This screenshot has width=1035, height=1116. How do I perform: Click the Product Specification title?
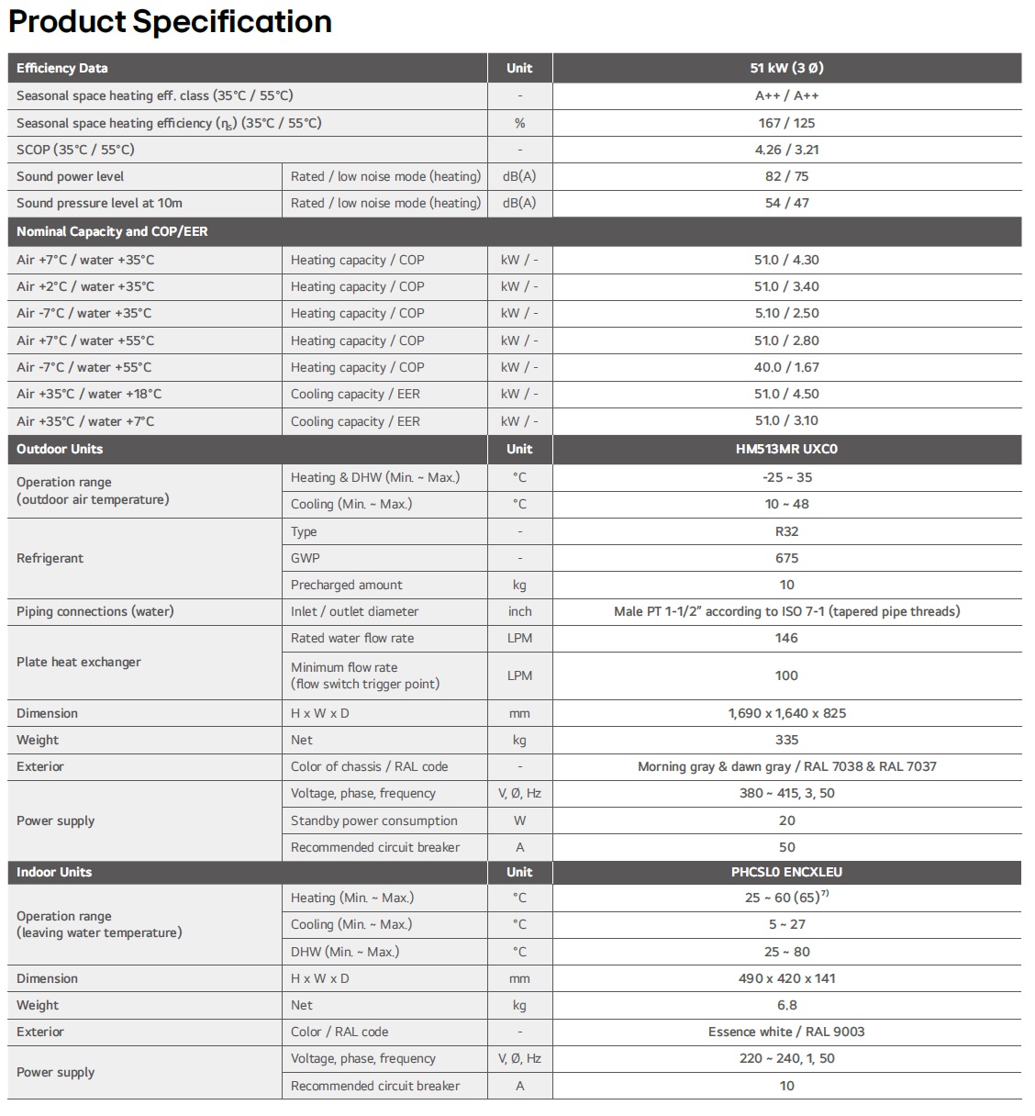click(171, 21)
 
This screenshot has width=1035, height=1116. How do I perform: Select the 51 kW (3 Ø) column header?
click(786, 68)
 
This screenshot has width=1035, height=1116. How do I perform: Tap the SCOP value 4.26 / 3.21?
click(786, 150)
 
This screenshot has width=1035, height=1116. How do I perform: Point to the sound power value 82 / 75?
click(786, 176)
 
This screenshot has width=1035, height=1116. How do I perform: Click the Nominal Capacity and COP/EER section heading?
click(112, 231)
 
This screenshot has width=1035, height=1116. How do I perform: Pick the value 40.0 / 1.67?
click(786, 367)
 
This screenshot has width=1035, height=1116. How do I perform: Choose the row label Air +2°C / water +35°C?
click(85, 286)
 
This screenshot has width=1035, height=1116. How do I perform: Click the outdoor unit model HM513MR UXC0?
click(786, 449)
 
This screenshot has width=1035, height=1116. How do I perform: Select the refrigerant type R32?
click(786, 531)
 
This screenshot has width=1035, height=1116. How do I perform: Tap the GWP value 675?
click(786, 558)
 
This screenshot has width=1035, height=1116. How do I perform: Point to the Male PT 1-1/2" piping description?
click(786, 611)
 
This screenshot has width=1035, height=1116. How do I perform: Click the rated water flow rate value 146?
click(786, 638)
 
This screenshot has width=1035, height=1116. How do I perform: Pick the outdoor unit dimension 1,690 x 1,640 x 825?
click(786, 713)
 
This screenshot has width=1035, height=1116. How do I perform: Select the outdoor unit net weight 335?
click(786, 740)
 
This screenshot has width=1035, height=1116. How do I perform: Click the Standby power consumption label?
click(373, 820)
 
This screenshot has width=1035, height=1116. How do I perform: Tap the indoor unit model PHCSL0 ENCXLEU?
click(786, 872)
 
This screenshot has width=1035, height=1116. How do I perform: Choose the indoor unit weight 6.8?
click(786, 1005)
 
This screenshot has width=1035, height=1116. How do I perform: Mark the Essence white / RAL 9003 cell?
click(786, 1032)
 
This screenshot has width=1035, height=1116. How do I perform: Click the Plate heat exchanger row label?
click(79, 662)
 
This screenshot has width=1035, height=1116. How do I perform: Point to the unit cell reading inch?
click(519, 611)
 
